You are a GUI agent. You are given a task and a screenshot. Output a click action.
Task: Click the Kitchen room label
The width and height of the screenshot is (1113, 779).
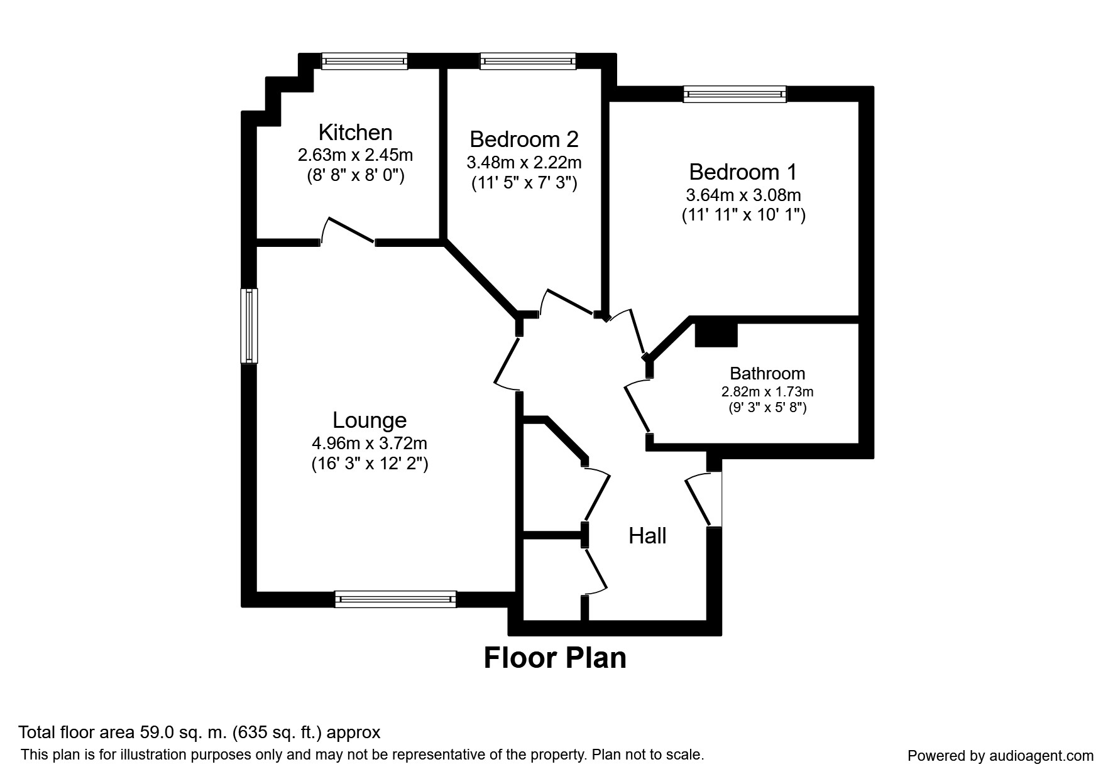(x=355, y=133)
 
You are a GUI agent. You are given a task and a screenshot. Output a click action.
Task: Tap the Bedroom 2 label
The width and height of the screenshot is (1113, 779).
(x=524, y=139)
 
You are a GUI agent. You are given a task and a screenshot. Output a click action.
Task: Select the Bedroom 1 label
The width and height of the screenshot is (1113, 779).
(x=743, y=172)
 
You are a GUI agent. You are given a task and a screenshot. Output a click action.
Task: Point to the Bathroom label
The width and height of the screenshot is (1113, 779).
(x=767, y=374)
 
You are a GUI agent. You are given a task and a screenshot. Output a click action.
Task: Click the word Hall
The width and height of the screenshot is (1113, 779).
(x=647, y=536)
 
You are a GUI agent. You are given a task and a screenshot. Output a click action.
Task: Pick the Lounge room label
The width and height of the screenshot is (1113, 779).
(x=370, y=420)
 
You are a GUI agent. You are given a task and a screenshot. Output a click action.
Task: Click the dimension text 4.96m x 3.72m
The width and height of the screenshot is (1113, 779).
(x=370, y=444)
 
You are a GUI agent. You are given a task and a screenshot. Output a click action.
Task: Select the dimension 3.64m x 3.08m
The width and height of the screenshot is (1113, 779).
(x=743, y=195)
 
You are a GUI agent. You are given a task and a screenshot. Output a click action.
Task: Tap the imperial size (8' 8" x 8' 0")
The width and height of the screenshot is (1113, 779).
(x=355, y=176)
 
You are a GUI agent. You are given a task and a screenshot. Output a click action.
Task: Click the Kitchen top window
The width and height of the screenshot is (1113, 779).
(x=365, y=61)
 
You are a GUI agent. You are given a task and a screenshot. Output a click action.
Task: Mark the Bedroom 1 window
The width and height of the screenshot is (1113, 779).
(x=735, y=94)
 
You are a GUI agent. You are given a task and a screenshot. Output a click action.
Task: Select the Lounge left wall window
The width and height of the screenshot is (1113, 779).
(x=249, y=325)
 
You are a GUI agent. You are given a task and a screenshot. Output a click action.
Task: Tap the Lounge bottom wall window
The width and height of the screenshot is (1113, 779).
(x=395, y=599)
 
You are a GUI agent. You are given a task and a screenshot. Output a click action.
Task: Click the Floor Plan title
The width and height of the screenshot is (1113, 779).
(x=555, y=658)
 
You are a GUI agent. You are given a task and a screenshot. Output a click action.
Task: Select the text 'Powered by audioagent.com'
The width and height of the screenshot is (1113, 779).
(x=1001, y=756)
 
